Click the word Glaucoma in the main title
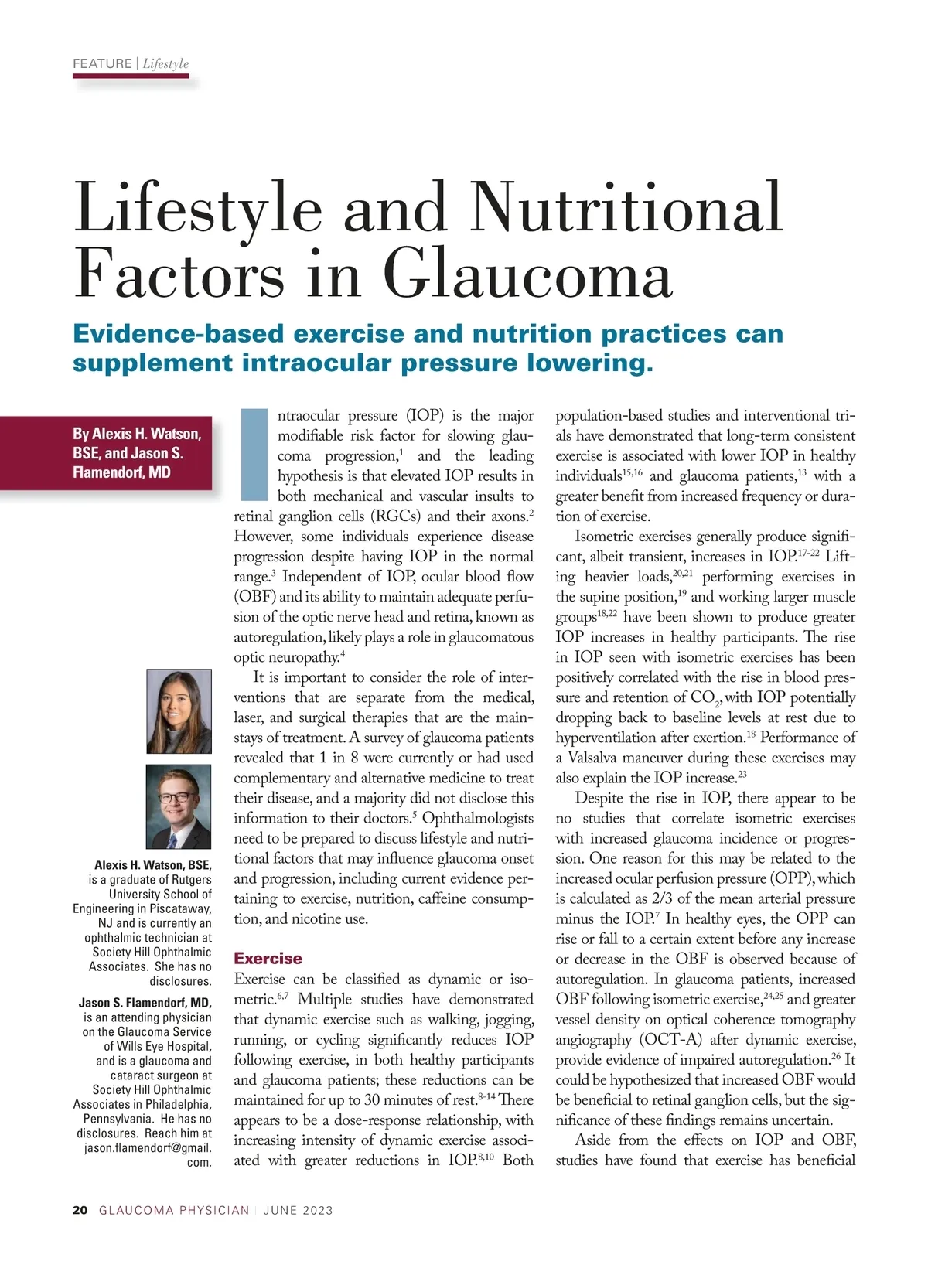[x=528, y=275]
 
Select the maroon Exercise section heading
[x=268, y=959]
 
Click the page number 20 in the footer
[x=80, y=1210]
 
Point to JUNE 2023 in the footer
[x=298, y=1210]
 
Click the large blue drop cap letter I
[x=254, y=455]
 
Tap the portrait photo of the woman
[x=179, y=711]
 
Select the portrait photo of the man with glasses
[x=179, y=806]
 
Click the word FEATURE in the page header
[x=102, y=64]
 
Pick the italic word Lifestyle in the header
[x=165, y=64]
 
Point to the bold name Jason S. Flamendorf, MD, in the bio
[x=145, y=1003]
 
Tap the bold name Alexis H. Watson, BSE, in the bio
[x=152, y=865]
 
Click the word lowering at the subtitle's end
[x=589, y=363]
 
